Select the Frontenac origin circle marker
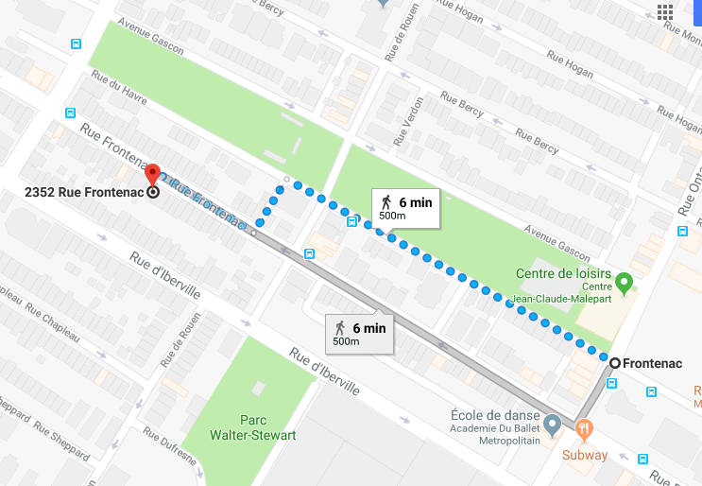[x=615, y=363]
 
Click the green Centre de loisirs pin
[x=624, y=282]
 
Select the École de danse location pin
[x=552, y=422]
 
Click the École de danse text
[x=491, y=412]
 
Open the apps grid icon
[x=665, y=12]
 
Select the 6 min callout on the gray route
[x=359, y=333]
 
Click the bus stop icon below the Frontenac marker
[x=611, y=384]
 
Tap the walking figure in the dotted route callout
[x=385, y=201]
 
